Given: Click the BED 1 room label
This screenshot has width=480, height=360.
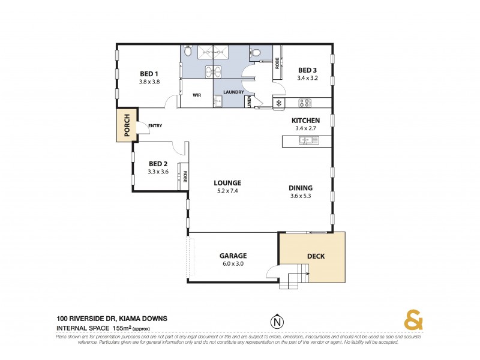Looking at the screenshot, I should pyautogui.click(x=149, y=73).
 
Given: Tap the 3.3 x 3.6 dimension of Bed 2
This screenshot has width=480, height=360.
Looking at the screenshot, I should pyautogui.click(x=158, y=172).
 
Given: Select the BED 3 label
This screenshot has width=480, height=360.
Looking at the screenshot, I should pyautogui.click(x=308, y=69).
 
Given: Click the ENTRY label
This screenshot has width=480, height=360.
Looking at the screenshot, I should pyautogui.click(x=154, y=125).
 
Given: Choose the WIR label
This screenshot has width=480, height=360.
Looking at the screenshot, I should pyautogui.click(x=196, y=95).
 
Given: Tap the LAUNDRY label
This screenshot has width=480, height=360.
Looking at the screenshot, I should pyautogui.click(x=233, y=92).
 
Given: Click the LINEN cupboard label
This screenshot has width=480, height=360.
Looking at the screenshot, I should pyautogui.click(x=249, y=102).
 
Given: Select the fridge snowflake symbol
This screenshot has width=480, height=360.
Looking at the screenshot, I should pyautogui.click(x=279, y=103).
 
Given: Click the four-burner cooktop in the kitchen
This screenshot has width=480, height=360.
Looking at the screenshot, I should pyautogui.click(x=304, y=102).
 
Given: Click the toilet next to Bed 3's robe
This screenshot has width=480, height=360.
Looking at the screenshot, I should pyautogui.click(x=257, y=53).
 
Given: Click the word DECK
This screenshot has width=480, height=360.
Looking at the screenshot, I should pyautogui.click(x=316, y=256).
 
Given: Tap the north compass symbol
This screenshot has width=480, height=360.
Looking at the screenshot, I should pyautogui.click(x=277, y=322).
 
